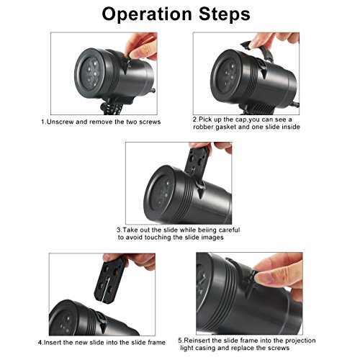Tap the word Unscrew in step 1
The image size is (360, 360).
coord(60,122)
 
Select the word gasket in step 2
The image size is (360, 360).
coord(225,127)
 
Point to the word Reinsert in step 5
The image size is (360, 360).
coord(197,341)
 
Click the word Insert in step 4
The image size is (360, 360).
coord(53,343)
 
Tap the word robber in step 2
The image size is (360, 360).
coord(203,127)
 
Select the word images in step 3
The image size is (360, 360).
coord(212,238)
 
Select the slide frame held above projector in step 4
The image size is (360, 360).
coord(109,279)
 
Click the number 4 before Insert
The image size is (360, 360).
coord(40,343)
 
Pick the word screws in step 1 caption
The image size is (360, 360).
coord(150,122)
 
